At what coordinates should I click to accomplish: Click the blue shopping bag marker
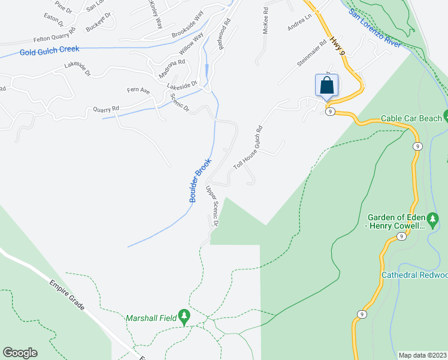[326, 85]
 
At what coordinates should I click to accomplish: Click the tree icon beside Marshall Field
[185, 316]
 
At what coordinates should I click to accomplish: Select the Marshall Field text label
[151, 318]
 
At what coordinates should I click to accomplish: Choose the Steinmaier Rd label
[311, 53]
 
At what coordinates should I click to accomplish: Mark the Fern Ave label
[138, 91]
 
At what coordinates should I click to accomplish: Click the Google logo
[20, 353]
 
